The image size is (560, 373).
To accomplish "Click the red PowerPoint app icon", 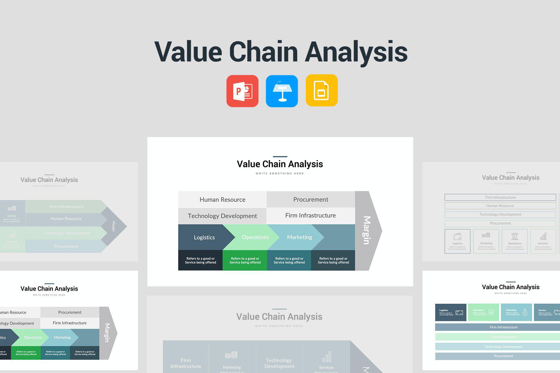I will [242, 91].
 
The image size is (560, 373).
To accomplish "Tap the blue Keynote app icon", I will [282, 91].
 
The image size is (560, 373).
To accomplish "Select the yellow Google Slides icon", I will [322, 90].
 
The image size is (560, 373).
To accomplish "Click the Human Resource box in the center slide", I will [222, 199].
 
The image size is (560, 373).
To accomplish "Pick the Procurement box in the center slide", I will [311, 199].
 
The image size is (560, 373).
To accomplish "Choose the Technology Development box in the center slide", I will [222, 216].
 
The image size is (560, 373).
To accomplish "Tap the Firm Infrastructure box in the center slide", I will [310, 215].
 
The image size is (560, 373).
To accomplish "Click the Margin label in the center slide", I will [366, 230].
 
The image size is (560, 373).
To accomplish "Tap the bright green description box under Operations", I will [245, 260].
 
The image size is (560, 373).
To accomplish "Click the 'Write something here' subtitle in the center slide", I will [280, 174].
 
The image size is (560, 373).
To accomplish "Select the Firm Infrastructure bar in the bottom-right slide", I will [503, 327].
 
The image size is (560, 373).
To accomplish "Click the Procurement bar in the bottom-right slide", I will [503, 356].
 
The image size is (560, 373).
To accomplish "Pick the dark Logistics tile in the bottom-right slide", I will [450, 312].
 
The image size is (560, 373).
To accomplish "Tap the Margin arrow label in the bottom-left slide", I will [107, 333].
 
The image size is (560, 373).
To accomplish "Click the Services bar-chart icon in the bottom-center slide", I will [326, 357].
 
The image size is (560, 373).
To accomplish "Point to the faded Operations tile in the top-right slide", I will [514, 241].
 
